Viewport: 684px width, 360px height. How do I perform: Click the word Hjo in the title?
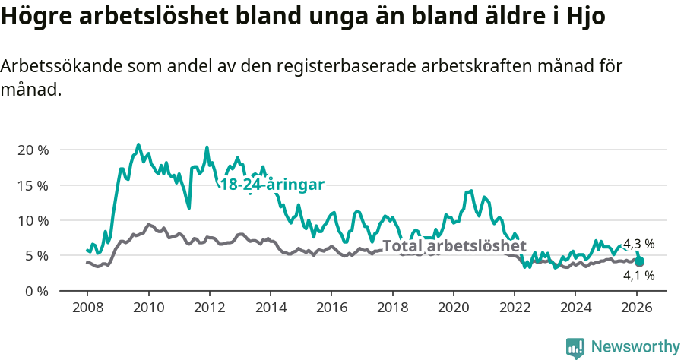pos(587,17)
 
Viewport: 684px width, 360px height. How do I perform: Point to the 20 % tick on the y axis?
pos(33,150)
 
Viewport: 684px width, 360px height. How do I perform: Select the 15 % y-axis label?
pos(33,185)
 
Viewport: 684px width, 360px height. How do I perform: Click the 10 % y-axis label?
pos(33,220)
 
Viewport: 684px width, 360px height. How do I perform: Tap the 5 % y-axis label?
pos(36,255)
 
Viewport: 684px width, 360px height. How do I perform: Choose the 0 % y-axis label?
pos(36,291)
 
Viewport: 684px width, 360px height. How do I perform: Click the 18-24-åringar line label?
pos(272,185)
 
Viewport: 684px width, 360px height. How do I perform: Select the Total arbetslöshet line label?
pos(454,246)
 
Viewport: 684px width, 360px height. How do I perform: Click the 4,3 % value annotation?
pos(638,244)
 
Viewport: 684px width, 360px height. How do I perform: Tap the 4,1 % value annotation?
pos(638,276)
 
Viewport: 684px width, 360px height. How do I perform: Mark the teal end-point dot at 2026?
pos(639,261)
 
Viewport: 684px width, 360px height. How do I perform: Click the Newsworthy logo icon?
pos(575,347)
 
